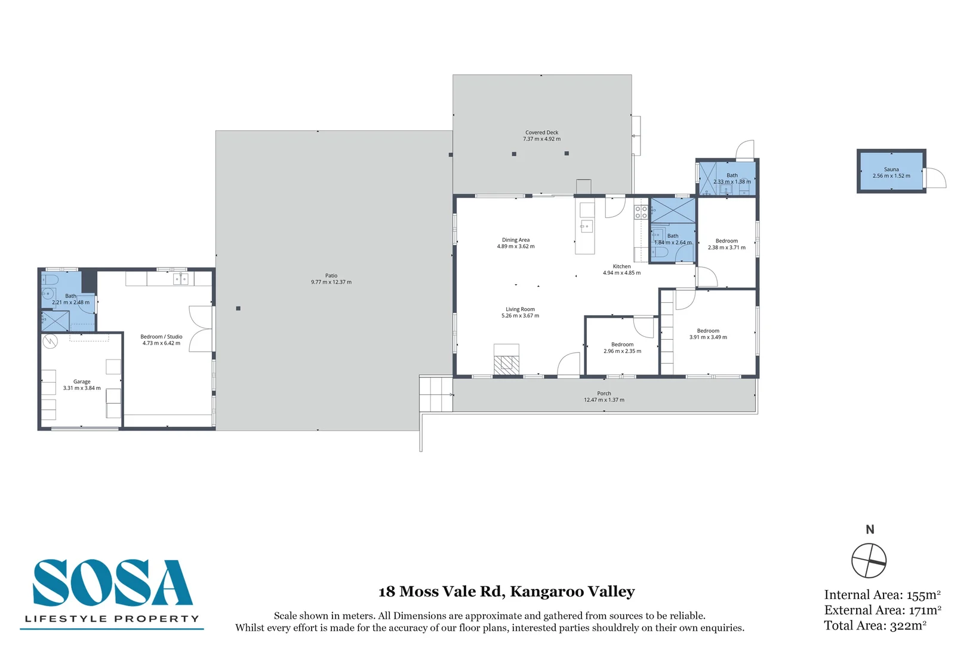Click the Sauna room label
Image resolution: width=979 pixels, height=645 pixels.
click(891, 169)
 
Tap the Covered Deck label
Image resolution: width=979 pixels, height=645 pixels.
click(541, 133)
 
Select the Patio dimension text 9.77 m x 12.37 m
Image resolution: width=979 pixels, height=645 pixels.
click(331, 282)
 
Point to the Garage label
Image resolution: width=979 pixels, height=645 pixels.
click(82, 382)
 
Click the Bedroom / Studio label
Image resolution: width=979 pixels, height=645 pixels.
click(161, 337)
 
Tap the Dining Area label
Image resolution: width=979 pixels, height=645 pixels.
click(516, 239)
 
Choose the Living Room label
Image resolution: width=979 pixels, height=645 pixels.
click(520, 309)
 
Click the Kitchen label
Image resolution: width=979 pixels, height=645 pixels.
click(621, 266)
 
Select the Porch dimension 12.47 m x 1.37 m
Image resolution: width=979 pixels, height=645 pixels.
click(604, 400)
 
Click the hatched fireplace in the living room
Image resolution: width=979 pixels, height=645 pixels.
click(507, 365)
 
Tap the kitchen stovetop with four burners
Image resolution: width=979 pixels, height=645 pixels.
click(641, 212)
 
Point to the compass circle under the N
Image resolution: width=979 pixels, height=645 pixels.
click(869, 561)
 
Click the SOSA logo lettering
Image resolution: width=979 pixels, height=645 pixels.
click(112, 582)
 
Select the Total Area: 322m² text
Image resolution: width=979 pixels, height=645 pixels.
click(875, 625)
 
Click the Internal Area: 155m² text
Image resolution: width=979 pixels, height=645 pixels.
click(882, 595)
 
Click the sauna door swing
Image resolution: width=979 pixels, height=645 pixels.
click(936, 178)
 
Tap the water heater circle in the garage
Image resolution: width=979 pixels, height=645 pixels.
click(50, 340)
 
